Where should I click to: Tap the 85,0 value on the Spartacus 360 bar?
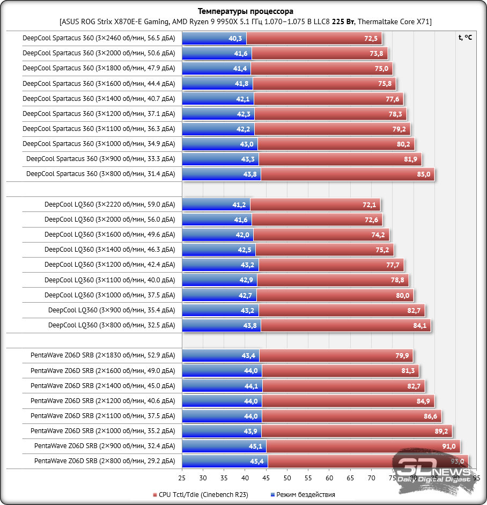423,174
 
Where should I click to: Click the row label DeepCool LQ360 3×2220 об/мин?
109,204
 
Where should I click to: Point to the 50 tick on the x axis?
287,478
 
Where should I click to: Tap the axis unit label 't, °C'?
465,38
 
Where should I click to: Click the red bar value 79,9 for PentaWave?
402,355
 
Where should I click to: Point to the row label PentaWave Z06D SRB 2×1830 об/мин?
102,355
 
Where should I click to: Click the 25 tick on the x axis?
182,478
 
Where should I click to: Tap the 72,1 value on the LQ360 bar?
370,204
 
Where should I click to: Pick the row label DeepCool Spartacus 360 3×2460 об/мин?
99,39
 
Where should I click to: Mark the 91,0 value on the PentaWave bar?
449,446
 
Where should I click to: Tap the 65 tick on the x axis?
350,478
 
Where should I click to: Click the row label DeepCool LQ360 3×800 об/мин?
112,325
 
